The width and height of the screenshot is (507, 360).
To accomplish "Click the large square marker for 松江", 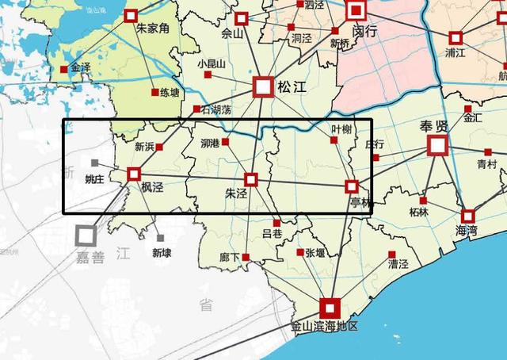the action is [x=263, y=87].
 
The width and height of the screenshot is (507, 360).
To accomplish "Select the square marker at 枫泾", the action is [x=133, y=173].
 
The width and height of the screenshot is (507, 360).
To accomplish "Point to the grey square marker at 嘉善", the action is [x=86, y=234].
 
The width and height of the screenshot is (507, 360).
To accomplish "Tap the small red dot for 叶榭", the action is [x=334, y=140].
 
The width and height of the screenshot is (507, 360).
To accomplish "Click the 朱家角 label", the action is [x=153, y=29].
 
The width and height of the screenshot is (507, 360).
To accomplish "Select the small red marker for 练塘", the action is [x=155, y=92].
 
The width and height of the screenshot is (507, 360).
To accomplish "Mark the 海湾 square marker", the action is [x=467, y=216].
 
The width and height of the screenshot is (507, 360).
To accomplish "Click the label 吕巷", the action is [x=272, y=233].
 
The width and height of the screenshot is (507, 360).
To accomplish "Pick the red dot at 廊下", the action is [x=246, y=257].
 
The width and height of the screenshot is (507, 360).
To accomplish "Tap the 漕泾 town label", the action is [x=398, y=264].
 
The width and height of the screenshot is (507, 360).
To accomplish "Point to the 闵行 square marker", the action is [x=356, y=10].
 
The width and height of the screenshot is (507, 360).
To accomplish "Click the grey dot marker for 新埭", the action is [x=161, y=238].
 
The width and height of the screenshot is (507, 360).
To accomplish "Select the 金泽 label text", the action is [x=81, y=67].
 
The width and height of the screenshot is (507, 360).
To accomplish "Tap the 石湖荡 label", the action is [x=215, y=109].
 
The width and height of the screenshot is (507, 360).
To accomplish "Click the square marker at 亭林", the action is [x=352, y=186].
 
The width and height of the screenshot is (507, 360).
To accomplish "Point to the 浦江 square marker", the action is [x=456, y=37].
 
